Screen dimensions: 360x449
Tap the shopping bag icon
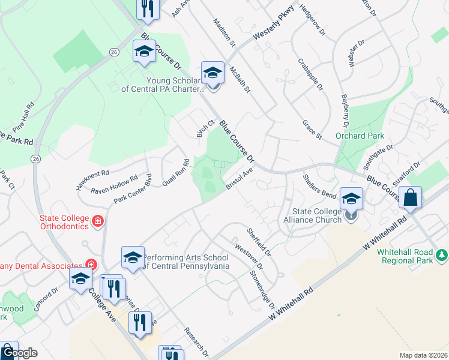[410, 197]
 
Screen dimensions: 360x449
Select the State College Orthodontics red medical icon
[97, 222]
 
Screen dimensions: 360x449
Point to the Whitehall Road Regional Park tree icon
[442, 256]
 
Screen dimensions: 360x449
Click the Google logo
[19, 353]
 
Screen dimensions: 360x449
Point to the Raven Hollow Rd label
[114, 185]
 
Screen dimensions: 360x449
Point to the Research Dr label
[196, 341]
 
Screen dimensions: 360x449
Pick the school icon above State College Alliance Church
[351, 199]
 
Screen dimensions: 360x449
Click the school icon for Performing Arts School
[133, 257]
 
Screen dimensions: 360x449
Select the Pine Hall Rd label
[23, 119]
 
